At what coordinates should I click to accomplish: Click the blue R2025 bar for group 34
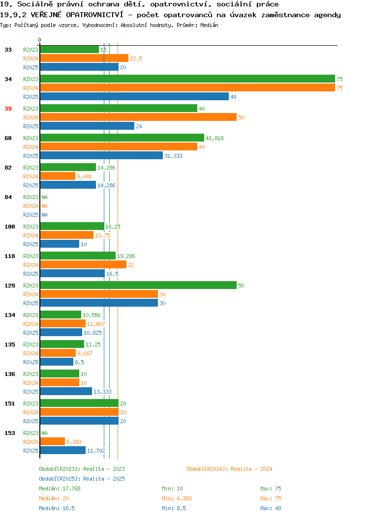coord(134,97)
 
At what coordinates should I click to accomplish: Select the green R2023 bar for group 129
coord(138,285)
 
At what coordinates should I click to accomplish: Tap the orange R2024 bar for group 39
coord(138,117)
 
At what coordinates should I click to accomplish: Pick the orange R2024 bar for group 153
coord(53,441)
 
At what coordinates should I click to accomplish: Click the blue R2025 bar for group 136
coord(66,391)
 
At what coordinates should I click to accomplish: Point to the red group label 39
coord(8,109)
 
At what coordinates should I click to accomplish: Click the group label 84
coord(8,197)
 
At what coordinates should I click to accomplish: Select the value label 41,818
coord(215,138)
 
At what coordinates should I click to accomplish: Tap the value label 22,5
coord(136,58)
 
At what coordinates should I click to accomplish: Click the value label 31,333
coord(173,156)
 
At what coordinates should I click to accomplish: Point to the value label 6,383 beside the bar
coord(74,442)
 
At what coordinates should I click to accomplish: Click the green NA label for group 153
coord(45,433)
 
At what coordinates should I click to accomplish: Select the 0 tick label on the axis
coord(40,40)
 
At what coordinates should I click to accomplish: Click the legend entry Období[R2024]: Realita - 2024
coord(229,469)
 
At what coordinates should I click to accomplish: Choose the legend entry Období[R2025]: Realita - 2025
coord(82,479)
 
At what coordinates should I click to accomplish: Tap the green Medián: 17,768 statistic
coord(60,488)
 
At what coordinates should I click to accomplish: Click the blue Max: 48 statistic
coord(271,508)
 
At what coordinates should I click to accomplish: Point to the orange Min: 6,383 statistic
coord(177,498)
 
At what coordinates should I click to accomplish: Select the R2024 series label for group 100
coord(31,235)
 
